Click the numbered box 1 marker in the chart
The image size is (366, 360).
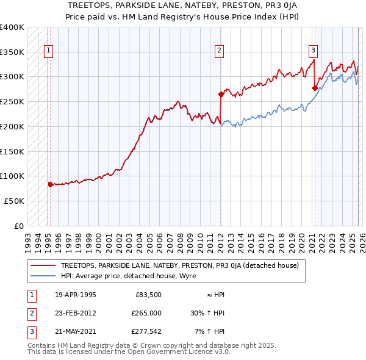(x=48, y=51)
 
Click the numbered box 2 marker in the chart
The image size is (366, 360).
(x=219, y=51)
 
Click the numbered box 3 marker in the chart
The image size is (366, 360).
(x=313, y=51)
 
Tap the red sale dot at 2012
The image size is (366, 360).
(x=220, y=94)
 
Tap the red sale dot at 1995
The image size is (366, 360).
(x=50, y=184)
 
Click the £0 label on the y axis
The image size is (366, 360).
(x=19, y=226)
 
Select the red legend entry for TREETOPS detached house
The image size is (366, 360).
(x=179, y=266)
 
